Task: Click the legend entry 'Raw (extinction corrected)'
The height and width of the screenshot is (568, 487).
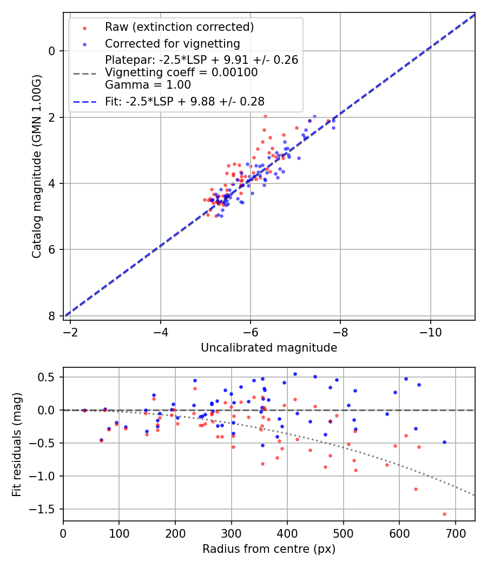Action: [179, 27]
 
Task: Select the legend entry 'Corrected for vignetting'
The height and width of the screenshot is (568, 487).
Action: [172, 43]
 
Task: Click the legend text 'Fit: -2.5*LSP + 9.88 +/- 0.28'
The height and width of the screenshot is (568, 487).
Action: [185, 101]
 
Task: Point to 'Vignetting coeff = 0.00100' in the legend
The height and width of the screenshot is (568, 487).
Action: [181, 72]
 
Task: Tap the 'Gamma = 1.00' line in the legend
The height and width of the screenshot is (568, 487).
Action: [148, 84]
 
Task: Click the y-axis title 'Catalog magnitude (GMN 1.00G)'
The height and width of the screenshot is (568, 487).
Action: [36, 167]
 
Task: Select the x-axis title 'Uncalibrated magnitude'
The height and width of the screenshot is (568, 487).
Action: [269, 348]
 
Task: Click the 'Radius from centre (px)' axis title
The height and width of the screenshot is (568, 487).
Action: [269, 549]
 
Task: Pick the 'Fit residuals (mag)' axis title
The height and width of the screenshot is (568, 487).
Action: [17, 444]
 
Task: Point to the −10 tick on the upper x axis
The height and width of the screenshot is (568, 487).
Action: [430, 330]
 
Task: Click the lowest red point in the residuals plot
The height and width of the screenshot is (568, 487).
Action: [444, 514]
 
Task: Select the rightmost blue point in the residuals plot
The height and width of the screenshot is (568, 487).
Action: [444, 442]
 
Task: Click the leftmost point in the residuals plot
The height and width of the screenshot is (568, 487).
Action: [84, 411]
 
